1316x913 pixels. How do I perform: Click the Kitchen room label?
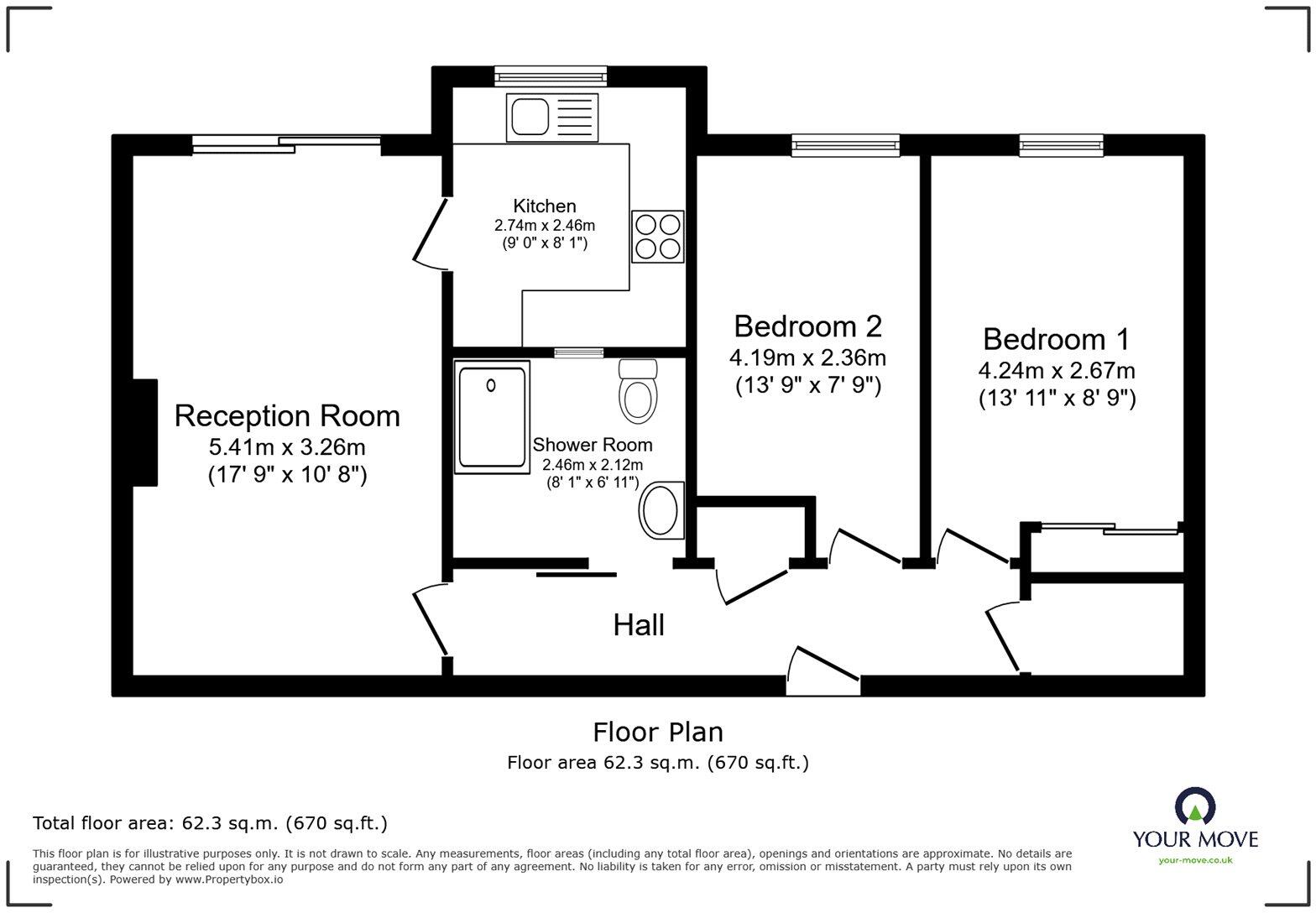(544, 206)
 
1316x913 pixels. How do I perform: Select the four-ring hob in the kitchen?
(657, 237)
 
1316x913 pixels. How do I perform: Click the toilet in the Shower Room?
(637, 392)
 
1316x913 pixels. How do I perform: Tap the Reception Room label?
(287, 415)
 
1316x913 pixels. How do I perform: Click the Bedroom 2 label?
(807, 326)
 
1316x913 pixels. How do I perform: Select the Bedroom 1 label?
(1056, 339)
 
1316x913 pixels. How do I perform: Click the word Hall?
(639, 625)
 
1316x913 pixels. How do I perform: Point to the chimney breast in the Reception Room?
(144, 432)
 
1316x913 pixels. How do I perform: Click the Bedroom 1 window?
(1061, 145)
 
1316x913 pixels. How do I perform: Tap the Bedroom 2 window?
(845, 145)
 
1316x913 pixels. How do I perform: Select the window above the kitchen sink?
(550, 76)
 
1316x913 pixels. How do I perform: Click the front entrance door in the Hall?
(823, 671)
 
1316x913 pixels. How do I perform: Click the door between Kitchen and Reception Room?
(432, 234)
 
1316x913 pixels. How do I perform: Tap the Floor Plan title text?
(658, 732)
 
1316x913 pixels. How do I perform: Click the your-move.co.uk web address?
(1195, 859)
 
